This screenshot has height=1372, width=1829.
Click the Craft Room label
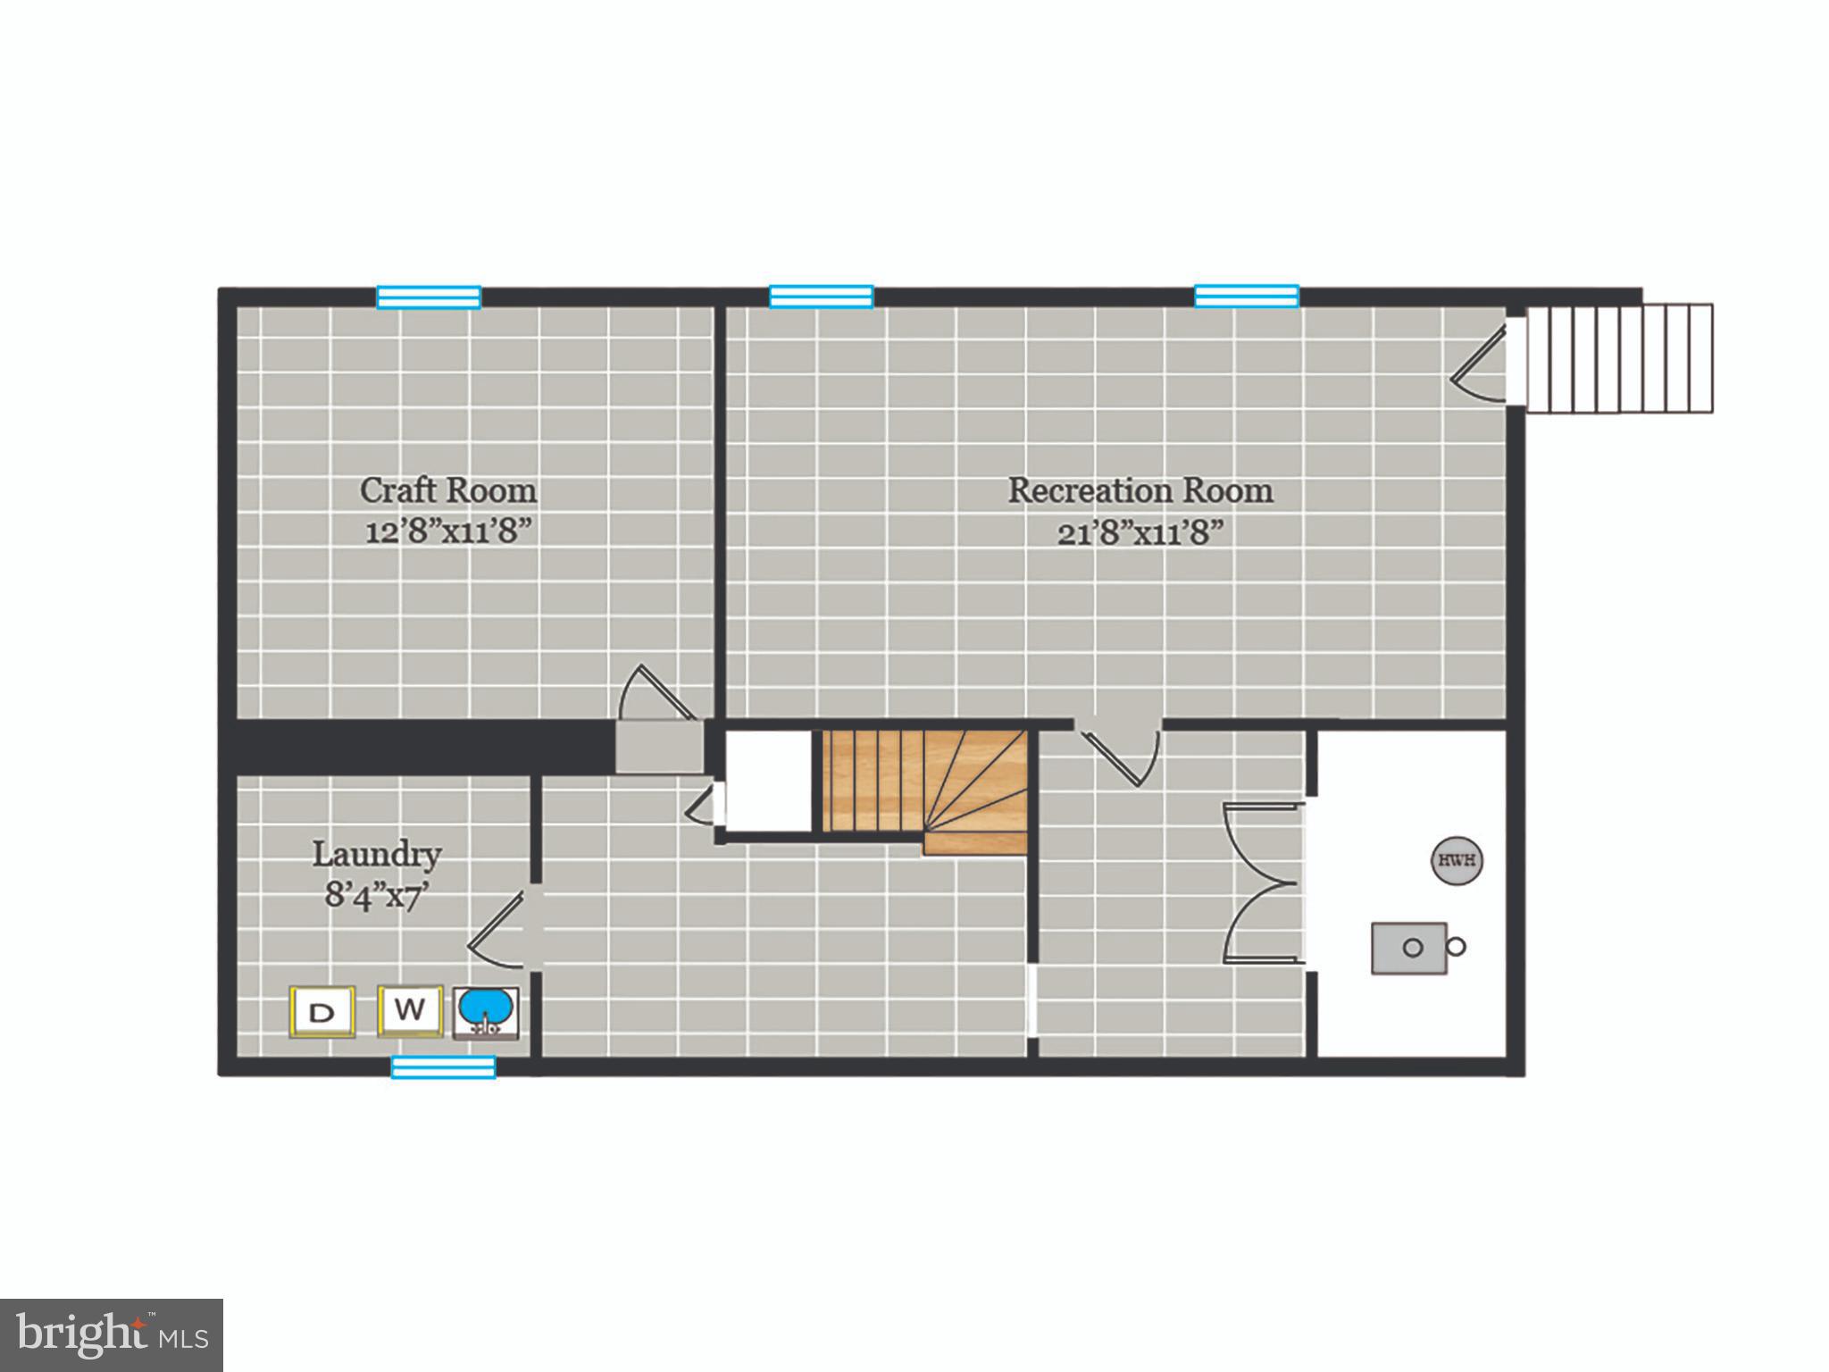click(x=448, y=490)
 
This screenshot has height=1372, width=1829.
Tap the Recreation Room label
click(x=1140, y=490)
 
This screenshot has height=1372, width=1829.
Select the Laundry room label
click(x=377, y=855)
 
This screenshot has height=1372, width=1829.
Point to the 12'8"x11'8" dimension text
click(x=448, y=532)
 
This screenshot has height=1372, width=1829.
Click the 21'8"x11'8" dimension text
click(x=1140, y=533)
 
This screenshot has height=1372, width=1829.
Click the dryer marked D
click(x=322, y=1012)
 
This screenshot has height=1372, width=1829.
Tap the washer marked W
click(x=410, y=1010)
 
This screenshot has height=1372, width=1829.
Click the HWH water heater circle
click(x=1457, y=861)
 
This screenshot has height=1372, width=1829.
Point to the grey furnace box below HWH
click(x=1409, y=948)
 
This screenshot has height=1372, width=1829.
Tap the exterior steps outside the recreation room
click(x=1619, y=358)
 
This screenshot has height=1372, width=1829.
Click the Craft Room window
click(x=429, y=297)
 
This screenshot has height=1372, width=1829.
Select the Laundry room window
click(x=443, y=1067)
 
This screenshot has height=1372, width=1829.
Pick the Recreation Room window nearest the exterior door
click(x=1247, y=296)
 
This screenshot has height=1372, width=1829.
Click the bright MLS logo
click(x=112, y=1334)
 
